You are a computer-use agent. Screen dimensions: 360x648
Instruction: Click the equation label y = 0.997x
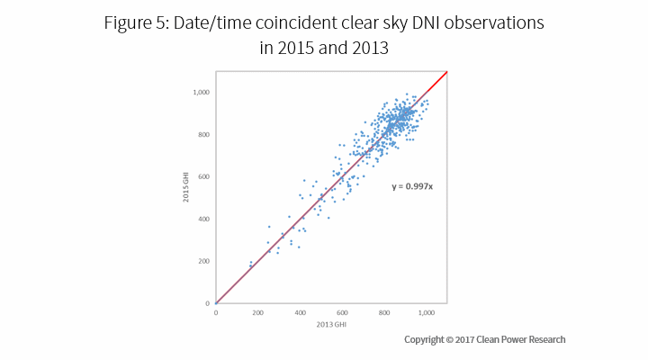click(x=411, y=187)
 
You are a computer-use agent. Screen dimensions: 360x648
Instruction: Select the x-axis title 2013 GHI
click(x=331, y=323)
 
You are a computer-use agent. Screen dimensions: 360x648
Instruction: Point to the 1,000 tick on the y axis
click(x=200, y=93)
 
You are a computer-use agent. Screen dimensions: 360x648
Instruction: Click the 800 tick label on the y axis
click(x=203, y=135)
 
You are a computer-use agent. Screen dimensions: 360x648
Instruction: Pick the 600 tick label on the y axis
click(x=203, y=177)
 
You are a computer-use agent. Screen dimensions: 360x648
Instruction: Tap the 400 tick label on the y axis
click(x=203, y=220)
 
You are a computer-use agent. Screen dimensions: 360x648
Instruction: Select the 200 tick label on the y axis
click(x=203, y=261)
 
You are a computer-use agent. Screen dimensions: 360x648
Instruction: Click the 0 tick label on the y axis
click(x=208, y=303)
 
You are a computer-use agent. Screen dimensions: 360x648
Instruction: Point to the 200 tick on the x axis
click(x=258, y=312)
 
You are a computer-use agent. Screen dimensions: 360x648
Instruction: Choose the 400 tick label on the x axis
click(x=301, y=312)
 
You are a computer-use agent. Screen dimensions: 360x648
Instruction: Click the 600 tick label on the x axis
click(x=343, y=312)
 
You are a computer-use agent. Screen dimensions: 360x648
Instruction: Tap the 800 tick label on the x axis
click(x=384, y=312)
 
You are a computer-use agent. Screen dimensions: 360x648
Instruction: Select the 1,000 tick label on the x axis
click(x=427, y=312)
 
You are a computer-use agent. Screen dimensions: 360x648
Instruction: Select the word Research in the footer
click(x=544, y=339)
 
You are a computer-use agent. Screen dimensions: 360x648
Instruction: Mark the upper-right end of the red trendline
click(x=447, y=71)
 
